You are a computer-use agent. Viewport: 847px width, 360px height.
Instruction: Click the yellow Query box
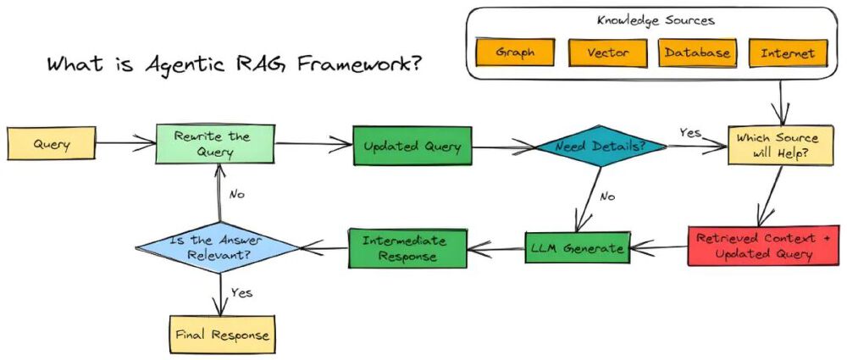click(52, 144)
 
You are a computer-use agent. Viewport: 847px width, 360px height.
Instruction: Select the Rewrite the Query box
click(214, 143)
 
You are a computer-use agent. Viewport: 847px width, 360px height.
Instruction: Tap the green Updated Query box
click(412, 147)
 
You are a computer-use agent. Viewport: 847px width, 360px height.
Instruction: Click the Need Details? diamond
click(599, 147)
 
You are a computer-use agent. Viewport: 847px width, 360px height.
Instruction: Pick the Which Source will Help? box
click(775, 145)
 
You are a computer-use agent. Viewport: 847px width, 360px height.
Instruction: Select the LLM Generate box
click(578, 248)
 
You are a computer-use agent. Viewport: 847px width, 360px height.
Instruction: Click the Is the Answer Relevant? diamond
click(219, 247)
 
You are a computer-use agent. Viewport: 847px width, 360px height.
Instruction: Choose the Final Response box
click(221, 334)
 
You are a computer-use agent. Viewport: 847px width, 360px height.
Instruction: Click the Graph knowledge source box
click(516, 53)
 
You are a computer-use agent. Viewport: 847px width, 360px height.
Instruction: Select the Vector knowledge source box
click(606, 53)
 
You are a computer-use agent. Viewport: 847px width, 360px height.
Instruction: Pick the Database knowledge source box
click(696, 53)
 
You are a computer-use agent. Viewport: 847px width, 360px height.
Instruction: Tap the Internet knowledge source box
click(787, 53)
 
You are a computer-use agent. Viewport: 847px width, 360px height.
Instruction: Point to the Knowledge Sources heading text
click(655, 19)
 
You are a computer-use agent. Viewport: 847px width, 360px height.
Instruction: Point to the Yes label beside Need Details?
click(690, 133)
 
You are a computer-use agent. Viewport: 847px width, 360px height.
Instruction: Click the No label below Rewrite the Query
click(236, 194)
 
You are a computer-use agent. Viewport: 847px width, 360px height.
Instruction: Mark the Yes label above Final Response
click(241, 292)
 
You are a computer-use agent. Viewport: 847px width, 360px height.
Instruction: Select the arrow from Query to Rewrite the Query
click(125, 144)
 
